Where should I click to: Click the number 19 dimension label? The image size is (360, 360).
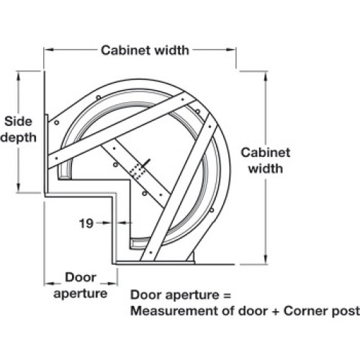86,223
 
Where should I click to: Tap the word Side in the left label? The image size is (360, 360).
18,122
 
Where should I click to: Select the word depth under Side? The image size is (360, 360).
18,138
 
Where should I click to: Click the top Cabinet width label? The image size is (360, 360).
145,50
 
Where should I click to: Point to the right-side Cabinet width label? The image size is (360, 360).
266,161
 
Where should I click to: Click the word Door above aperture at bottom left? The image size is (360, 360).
81,277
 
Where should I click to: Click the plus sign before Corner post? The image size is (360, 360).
276,312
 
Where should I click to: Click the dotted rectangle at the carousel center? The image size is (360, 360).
138,171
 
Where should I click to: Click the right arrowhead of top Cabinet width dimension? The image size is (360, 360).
231,50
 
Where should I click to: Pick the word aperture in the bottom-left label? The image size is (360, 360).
81,294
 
